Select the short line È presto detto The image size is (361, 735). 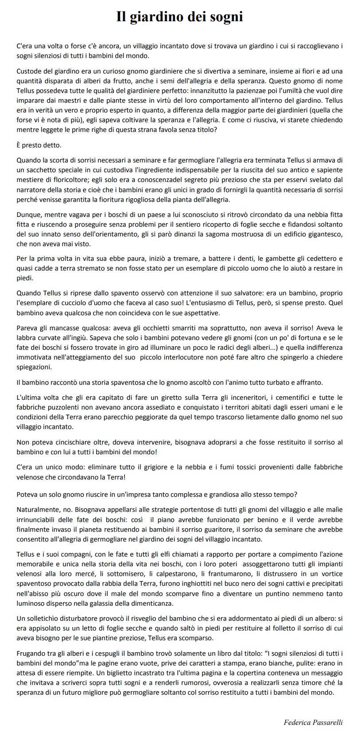39,145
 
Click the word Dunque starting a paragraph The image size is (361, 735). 29,215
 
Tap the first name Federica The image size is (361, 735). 297,722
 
